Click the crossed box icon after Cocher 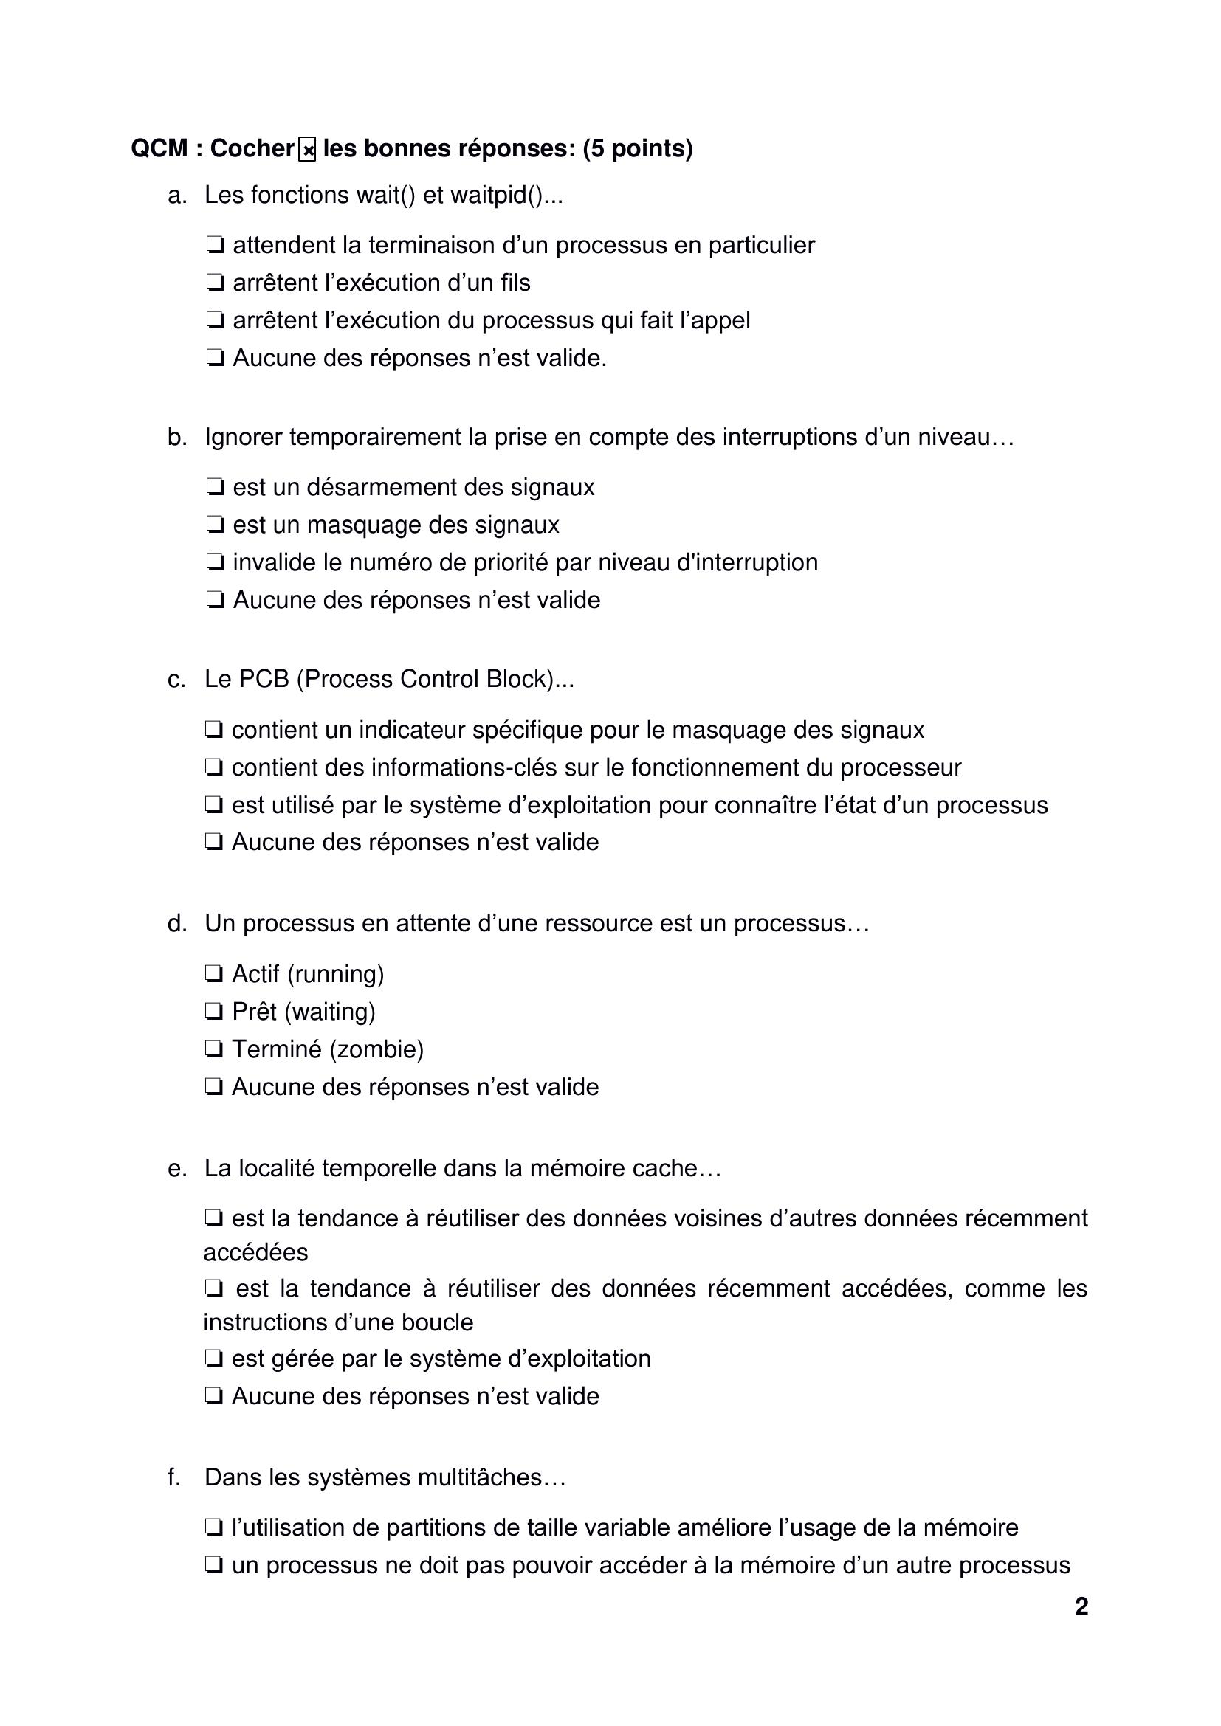[x=307, y=150]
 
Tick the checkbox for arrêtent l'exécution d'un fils [x=215, y=283]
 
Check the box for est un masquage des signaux [x=215, y=525]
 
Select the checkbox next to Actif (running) [x=214, y=974]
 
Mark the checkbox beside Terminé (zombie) [x=214, y=1049]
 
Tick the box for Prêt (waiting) [x=214, y=1012]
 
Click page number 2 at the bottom [x=1081, y=1606]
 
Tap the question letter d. [x=176, y=923]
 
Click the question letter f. [x=173, y=1478]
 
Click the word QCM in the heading [x=159, y=149]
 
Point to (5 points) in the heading [x=638, y=149]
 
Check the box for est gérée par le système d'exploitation [x=214, y=1359]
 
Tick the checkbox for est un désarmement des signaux [x=215, y=487]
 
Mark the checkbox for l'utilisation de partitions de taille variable [x=214, y=1528]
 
